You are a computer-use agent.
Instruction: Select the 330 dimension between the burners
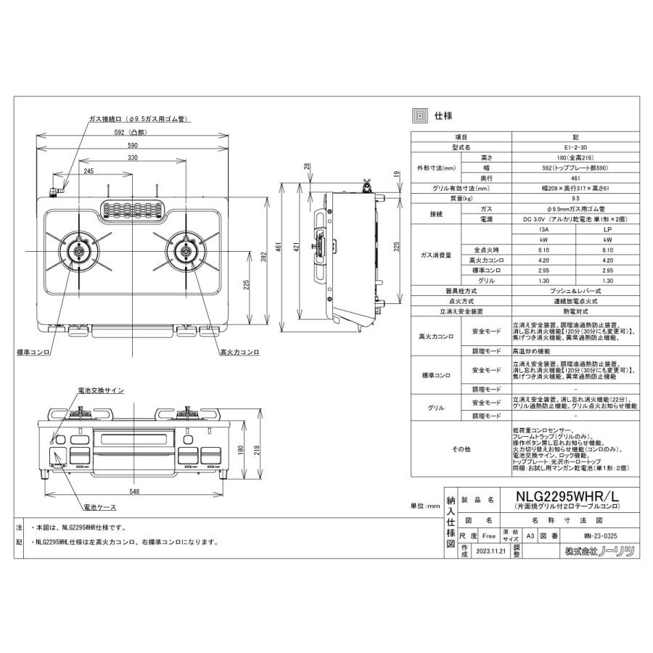pos(133,157)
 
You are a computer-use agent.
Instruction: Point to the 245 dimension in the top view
pos(88,171)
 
